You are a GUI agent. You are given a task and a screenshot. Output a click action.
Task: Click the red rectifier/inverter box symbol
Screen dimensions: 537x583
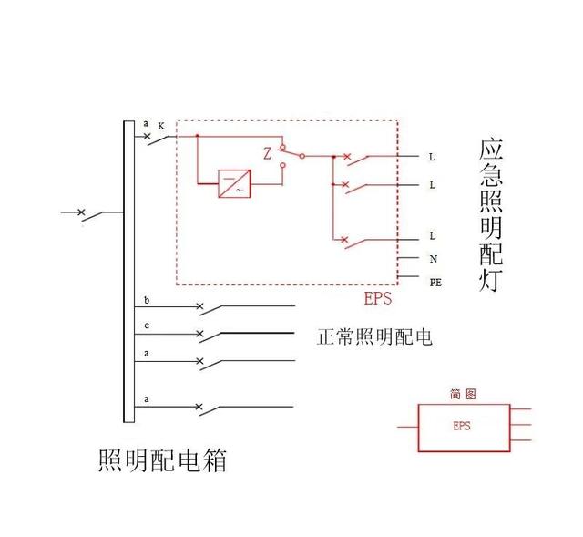235,184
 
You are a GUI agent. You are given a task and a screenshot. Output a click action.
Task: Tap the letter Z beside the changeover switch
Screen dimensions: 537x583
268,154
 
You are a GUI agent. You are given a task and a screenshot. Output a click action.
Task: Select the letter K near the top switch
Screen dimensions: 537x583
161,127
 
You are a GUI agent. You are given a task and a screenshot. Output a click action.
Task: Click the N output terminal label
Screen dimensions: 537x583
433,259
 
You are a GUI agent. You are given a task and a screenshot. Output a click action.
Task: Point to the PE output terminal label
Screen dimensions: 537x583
435,282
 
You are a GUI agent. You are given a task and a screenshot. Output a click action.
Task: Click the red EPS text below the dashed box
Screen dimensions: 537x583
378,298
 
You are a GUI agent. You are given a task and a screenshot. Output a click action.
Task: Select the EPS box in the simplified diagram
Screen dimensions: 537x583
462,427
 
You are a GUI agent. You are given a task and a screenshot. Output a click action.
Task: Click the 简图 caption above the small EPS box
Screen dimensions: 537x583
462,394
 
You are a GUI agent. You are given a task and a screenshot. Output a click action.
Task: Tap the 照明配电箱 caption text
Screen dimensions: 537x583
161,460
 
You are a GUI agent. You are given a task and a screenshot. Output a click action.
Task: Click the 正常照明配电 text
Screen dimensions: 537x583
373,337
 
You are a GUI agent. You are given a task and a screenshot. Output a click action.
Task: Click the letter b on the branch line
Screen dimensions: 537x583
147,300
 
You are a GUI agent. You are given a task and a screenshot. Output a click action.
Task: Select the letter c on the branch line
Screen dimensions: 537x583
147,325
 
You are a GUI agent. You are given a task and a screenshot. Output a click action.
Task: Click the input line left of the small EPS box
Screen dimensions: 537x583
406,427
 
